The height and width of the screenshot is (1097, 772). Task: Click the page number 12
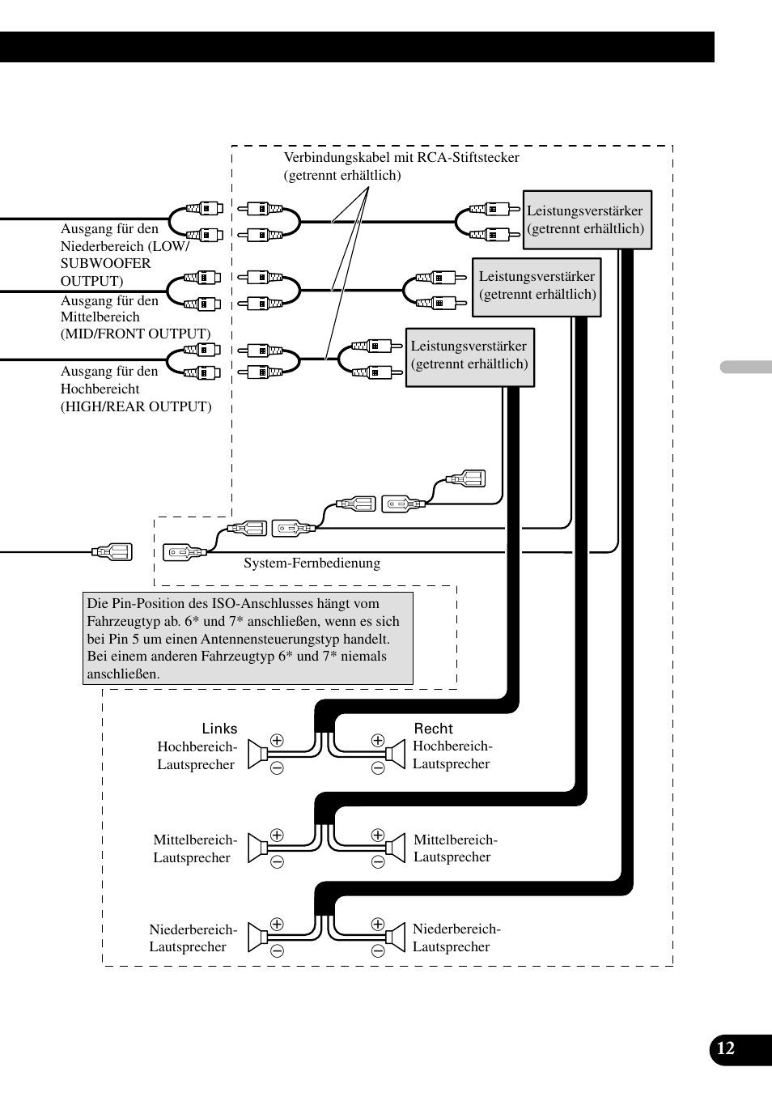[726, 1048]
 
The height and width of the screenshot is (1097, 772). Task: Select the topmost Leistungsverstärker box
[587, 219]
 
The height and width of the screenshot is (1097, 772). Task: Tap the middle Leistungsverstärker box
[537, 286]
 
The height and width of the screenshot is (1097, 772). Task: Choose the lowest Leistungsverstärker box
[469, 356]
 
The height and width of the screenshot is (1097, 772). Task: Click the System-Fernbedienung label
[312, 563]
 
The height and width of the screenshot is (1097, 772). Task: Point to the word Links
[219, 729]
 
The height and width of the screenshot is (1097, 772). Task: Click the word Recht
[434, 729]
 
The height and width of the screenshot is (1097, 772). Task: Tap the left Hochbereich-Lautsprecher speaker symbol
[258, 755]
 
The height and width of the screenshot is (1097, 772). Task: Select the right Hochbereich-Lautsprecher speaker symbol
[396, 755]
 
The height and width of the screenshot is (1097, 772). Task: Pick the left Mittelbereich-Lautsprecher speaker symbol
[258, 848]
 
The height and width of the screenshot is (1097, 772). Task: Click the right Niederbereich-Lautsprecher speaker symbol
[396, 938]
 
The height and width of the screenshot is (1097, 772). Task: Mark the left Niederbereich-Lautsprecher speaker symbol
[258, 938]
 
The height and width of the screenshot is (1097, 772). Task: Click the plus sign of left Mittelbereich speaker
[277, 836]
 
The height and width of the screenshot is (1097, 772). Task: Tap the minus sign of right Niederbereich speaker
[378, 951]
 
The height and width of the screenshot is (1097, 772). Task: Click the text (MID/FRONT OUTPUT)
[135, 334]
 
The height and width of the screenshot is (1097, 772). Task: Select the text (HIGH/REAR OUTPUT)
[136, 406]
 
